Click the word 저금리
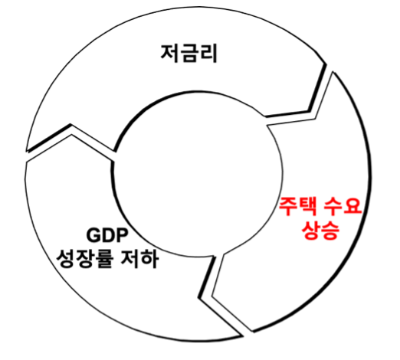189,54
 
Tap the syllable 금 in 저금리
189,54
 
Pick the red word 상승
320,230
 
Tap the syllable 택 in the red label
309,207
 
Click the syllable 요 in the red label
352,206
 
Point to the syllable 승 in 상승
330,230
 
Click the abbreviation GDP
107,235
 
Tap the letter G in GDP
93,235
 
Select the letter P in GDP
121,235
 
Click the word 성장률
84,259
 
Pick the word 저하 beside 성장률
139,259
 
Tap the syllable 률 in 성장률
104,259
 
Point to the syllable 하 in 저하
149,259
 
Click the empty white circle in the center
198,174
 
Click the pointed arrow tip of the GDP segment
242,335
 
